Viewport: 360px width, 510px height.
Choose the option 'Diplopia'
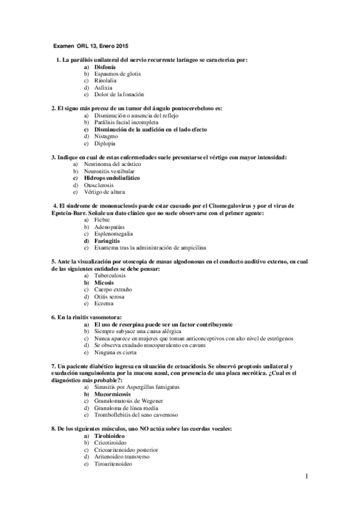[105, 143]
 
